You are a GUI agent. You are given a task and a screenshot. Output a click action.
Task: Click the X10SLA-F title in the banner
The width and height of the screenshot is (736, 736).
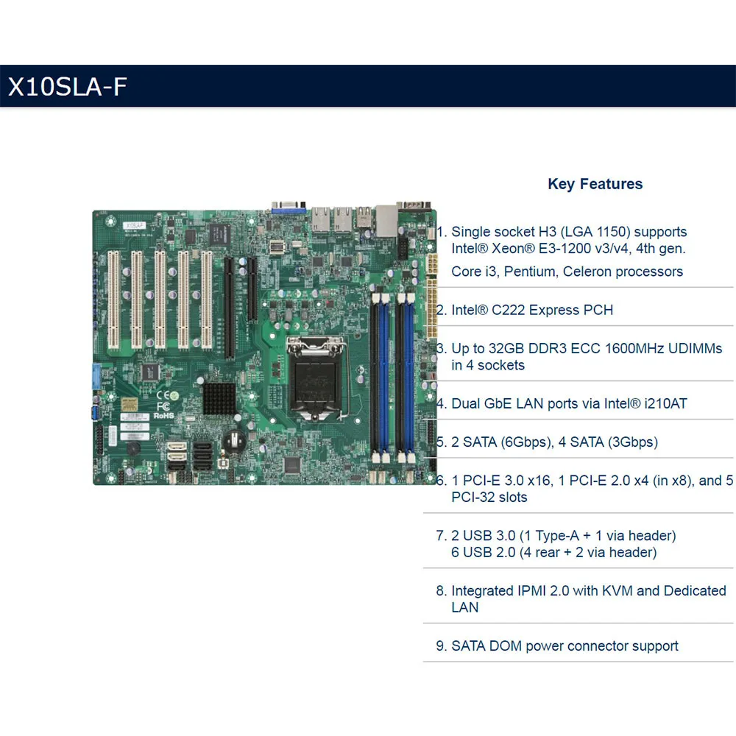[68, 86]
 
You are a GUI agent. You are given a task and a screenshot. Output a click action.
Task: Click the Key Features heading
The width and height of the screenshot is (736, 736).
[595, 184]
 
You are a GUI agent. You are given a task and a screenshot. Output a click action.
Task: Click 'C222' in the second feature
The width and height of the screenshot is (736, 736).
[516, 310]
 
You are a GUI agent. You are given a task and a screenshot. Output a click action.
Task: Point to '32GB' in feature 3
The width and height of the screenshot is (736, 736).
[509, 348]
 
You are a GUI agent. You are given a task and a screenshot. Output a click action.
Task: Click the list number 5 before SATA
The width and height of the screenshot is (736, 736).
[440, 442]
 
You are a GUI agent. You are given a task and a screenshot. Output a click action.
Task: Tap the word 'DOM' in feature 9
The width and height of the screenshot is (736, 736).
[505, 646]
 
